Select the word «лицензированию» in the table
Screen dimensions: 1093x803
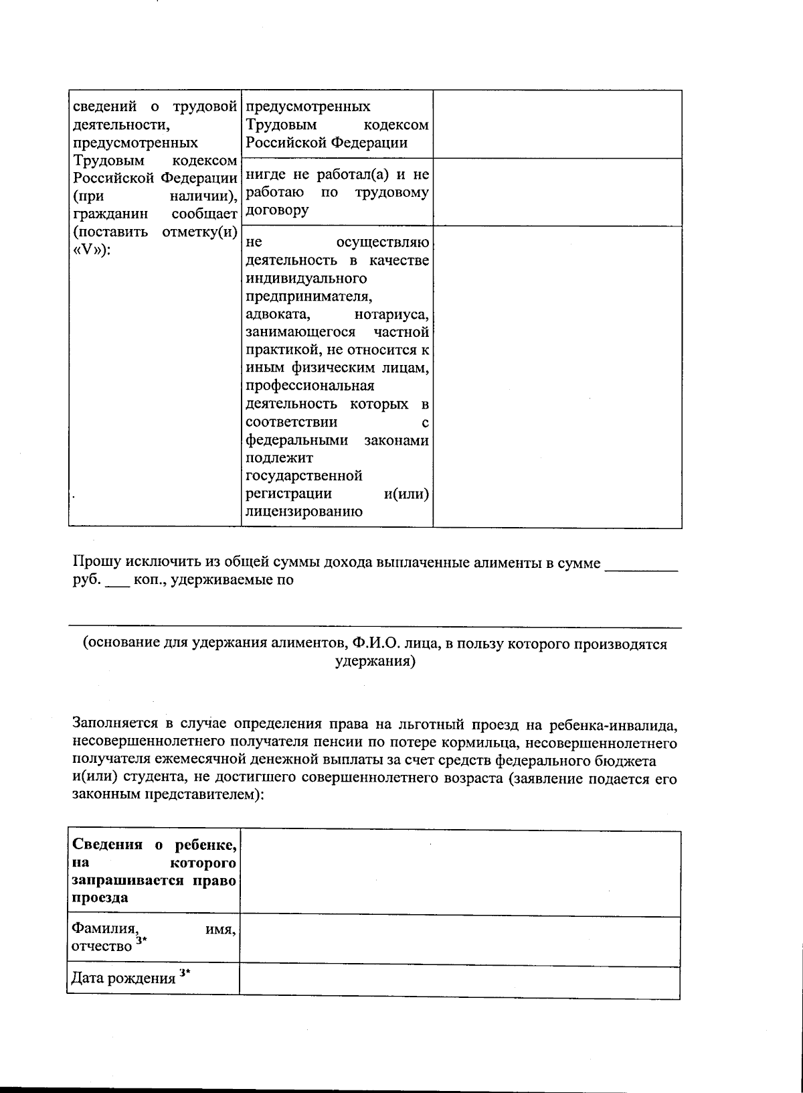click(295, 512)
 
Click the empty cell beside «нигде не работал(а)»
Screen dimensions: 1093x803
click(557, 192)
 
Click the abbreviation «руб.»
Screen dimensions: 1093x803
click(85, 581)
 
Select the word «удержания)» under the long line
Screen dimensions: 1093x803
click(375, 662)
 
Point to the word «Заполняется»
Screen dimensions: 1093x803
click(115, 724)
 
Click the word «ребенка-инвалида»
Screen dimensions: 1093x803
click(616, 724)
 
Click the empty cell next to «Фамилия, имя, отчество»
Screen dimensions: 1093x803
click(460, 941)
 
